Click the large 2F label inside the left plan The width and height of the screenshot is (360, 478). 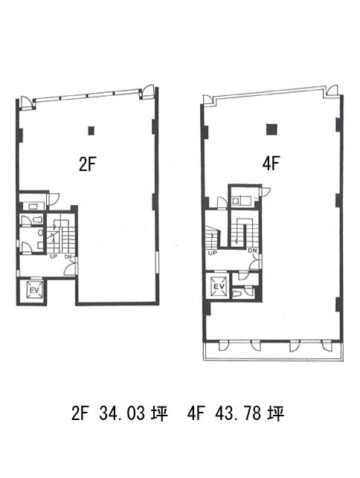coord(88,164)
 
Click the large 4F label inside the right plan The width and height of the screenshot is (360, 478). coord(271,164)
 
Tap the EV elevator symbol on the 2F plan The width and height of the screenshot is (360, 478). coord(34,290)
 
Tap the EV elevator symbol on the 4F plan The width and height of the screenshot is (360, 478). coord(219,286)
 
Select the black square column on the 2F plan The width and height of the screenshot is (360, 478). coord(91,131)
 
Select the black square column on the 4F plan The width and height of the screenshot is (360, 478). coord(271,129)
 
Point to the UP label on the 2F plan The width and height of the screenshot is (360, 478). coord(54,256)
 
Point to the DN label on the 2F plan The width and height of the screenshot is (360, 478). coord(68,256)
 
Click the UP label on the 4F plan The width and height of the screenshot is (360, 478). coord(212,253)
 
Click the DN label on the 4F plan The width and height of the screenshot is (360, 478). coord(253,251)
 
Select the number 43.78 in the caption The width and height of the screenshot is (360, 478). coord(238,413)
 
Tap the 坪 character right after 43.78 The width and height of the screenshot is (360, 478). coord(276,413)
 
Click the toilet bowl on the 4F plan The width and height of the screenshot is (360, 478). coord(237,294)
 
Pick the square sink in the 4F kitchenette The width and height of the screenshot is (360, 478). coord(235,201)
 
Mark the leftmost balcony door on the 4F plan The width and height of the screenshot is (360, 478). coord(224,346)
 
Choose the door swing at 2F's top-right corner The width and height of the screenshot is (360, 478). coord(148,90)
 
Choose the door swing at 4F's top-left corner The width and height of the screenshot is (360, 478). coord(208,100)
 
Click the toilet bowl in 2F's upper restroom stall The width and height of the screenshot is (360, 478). coord(37,219)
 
